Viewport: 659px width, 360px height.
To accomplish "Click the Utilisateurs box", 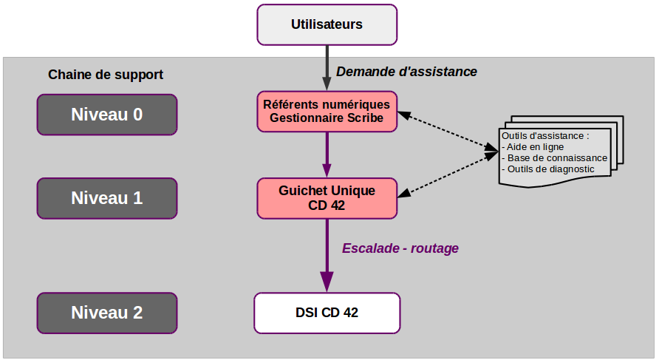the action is (x=327, y=25).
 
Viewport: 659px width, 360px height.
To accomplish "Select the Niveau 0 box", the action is (x=107, y=115).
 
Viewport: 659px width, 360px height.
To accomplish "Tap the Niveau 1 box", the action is (x=107, y=198).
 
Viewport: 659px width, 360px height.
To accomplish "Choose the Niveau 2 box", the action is (x=107, y=313).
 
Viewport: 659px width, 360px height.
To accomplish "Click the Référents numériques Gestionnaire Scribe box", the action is (x=327, y=112).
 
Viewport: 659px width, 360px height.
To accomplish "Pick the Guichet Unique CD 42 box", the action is (x=327, y=198).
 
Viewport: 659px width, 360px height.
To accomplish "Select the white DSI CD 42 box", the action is (x=327, y=313).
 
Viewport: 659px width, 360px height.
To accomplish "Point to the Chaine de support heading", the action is (x=106, y=75).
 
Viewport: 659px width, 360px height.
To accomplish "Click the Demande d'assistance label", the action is (x=406, y=72).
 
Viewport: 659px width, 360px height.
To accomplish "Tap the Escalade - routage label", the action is (x=400, y=248).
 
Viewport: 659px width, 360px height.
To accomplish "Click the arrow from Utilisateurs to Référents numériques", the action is (x=327, y=68).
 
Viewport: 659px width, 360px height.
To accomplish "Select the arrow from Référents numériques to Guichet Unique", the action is (x=327, y=154).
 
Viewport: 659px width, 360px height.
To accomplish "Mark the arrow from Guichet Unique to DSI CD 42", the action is (x=327, y=256).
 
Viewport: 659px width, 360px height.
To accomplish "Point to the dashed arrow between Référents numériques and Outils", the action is (x=448, y=131).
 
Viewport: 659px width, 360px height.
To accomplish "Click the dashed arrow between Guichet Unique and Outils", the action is (x=448, y=174).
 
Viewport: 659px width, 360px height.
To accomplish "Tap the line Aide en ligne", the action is (x=533, y=147).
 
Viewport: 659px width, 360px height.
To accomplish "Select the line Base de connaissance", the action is (x=555, y=158).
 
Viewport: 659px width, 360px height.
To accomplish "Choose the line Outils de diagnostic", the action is (x=548, y=169).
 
